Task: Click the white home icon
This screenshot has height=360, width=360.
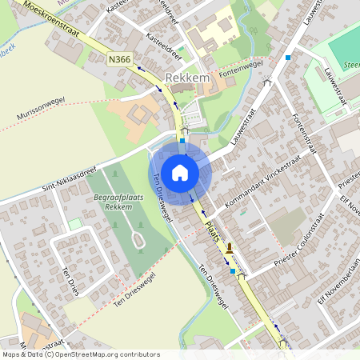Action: [x=180, y=172]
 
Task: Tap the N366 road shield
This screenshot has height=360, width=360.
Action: [x=119, y=58]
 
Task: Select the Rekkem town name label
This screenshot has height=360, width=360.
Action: [x=187, y=78]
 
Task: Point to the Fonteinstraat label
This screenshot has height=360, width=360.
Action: [x=307, y=131]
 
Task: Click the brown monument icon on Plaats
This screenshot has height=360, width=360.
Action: [x=230, y=248]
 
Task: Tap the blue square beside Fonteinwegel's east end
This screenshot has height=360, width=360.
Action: [x=287, y=58]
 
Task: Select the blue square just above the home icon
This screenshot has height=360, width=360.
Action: [x=182, y=141]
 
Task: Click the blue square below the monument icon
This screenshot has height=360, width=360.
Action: [x=233, y=271]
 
